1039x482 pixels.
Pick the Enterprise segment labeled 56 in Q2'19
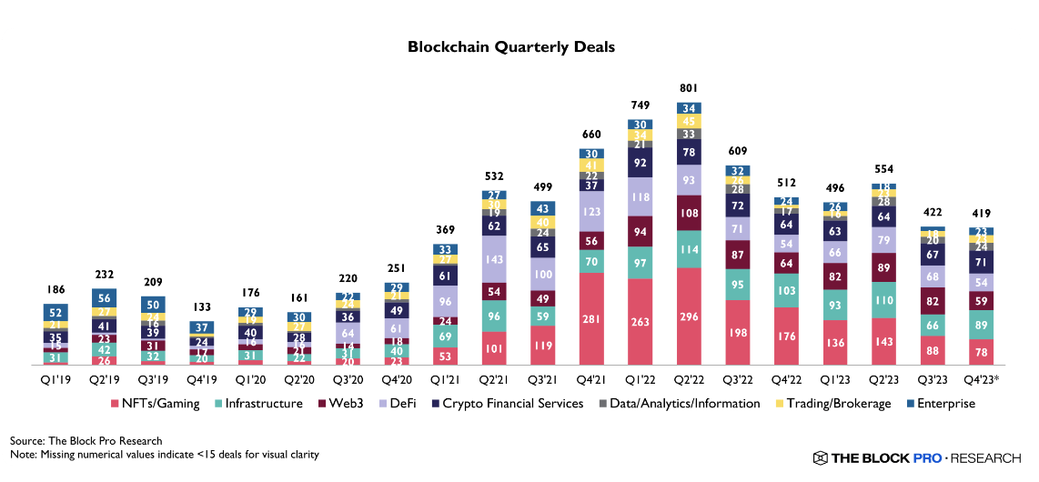104,298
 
